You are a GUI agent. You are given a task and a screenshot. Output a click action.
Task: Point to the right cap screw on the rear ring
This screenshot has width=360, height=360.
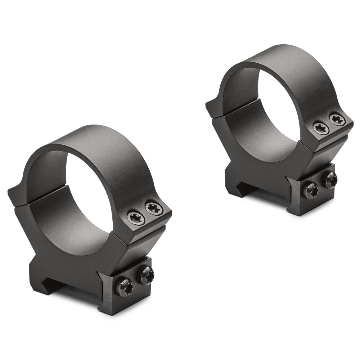tap(337, 120)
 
